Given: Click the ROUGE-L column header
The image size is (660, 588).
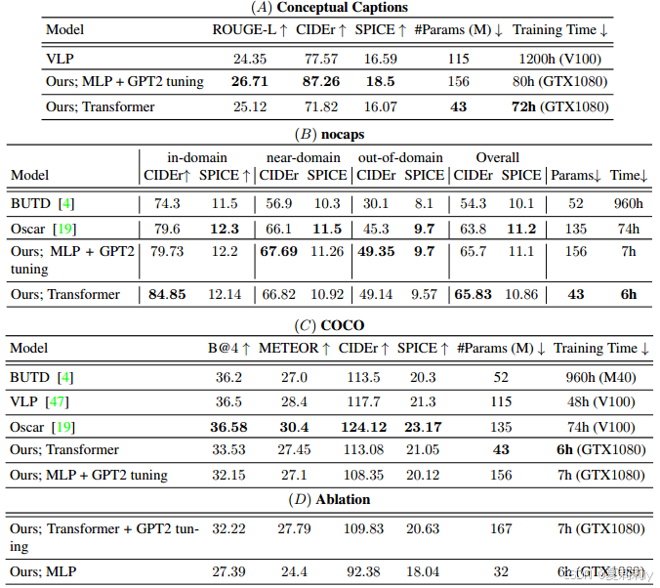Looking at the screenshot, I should [250, 30].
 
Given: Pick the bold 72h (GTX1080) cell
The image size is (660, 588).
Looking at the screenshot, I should [560, 106].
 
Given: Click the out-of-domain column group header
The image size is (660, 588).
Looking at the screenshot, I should [400, 157].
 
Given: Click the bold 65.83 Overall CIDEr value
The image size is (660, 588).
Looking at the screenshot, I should [474, 294].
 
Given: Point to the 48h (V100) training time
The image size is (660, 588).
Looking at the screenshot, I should [599, 401].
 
